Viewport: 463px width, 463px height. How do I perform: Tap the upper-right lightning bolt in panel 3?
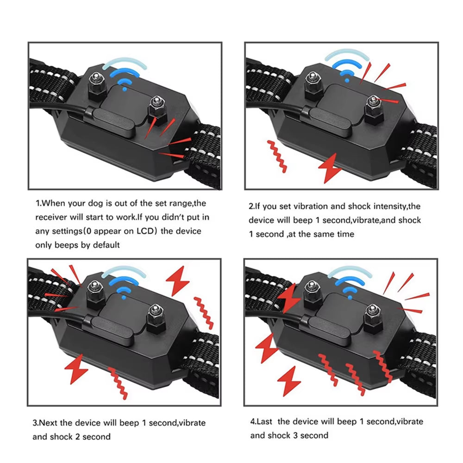pyautogui.click(x=178, y=281)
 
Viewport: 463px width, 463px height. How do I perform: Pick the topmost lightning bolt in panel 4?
pyautogui.click(x=290, y=298)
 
